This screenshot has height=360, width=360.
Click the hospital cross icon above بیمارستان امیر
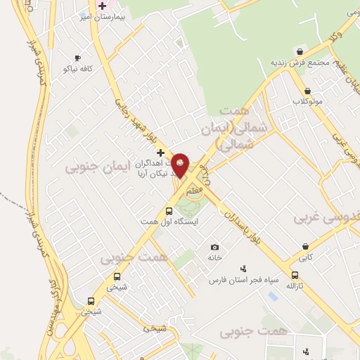[103, 5]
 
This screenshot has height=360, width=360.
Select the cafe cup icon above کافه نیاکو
[77, 58]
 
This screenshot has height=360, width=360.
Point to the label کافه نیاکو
[77, 69]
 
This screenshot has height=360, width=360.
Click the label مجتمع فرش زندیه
[300, 63]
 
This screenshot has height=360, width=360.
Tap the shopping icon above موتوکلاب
[307, 91]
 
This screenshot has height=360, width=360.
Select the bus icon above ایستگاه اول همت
[168, 211]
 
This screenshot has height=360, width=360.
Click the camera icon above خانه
[214, 247]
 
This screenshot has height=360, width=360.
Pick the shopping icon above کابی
[305, 246]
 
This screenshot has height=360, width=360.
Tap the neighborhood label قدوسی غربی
[327, 218]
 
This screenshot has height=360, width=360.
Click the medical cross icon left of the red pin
[160, 152]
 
